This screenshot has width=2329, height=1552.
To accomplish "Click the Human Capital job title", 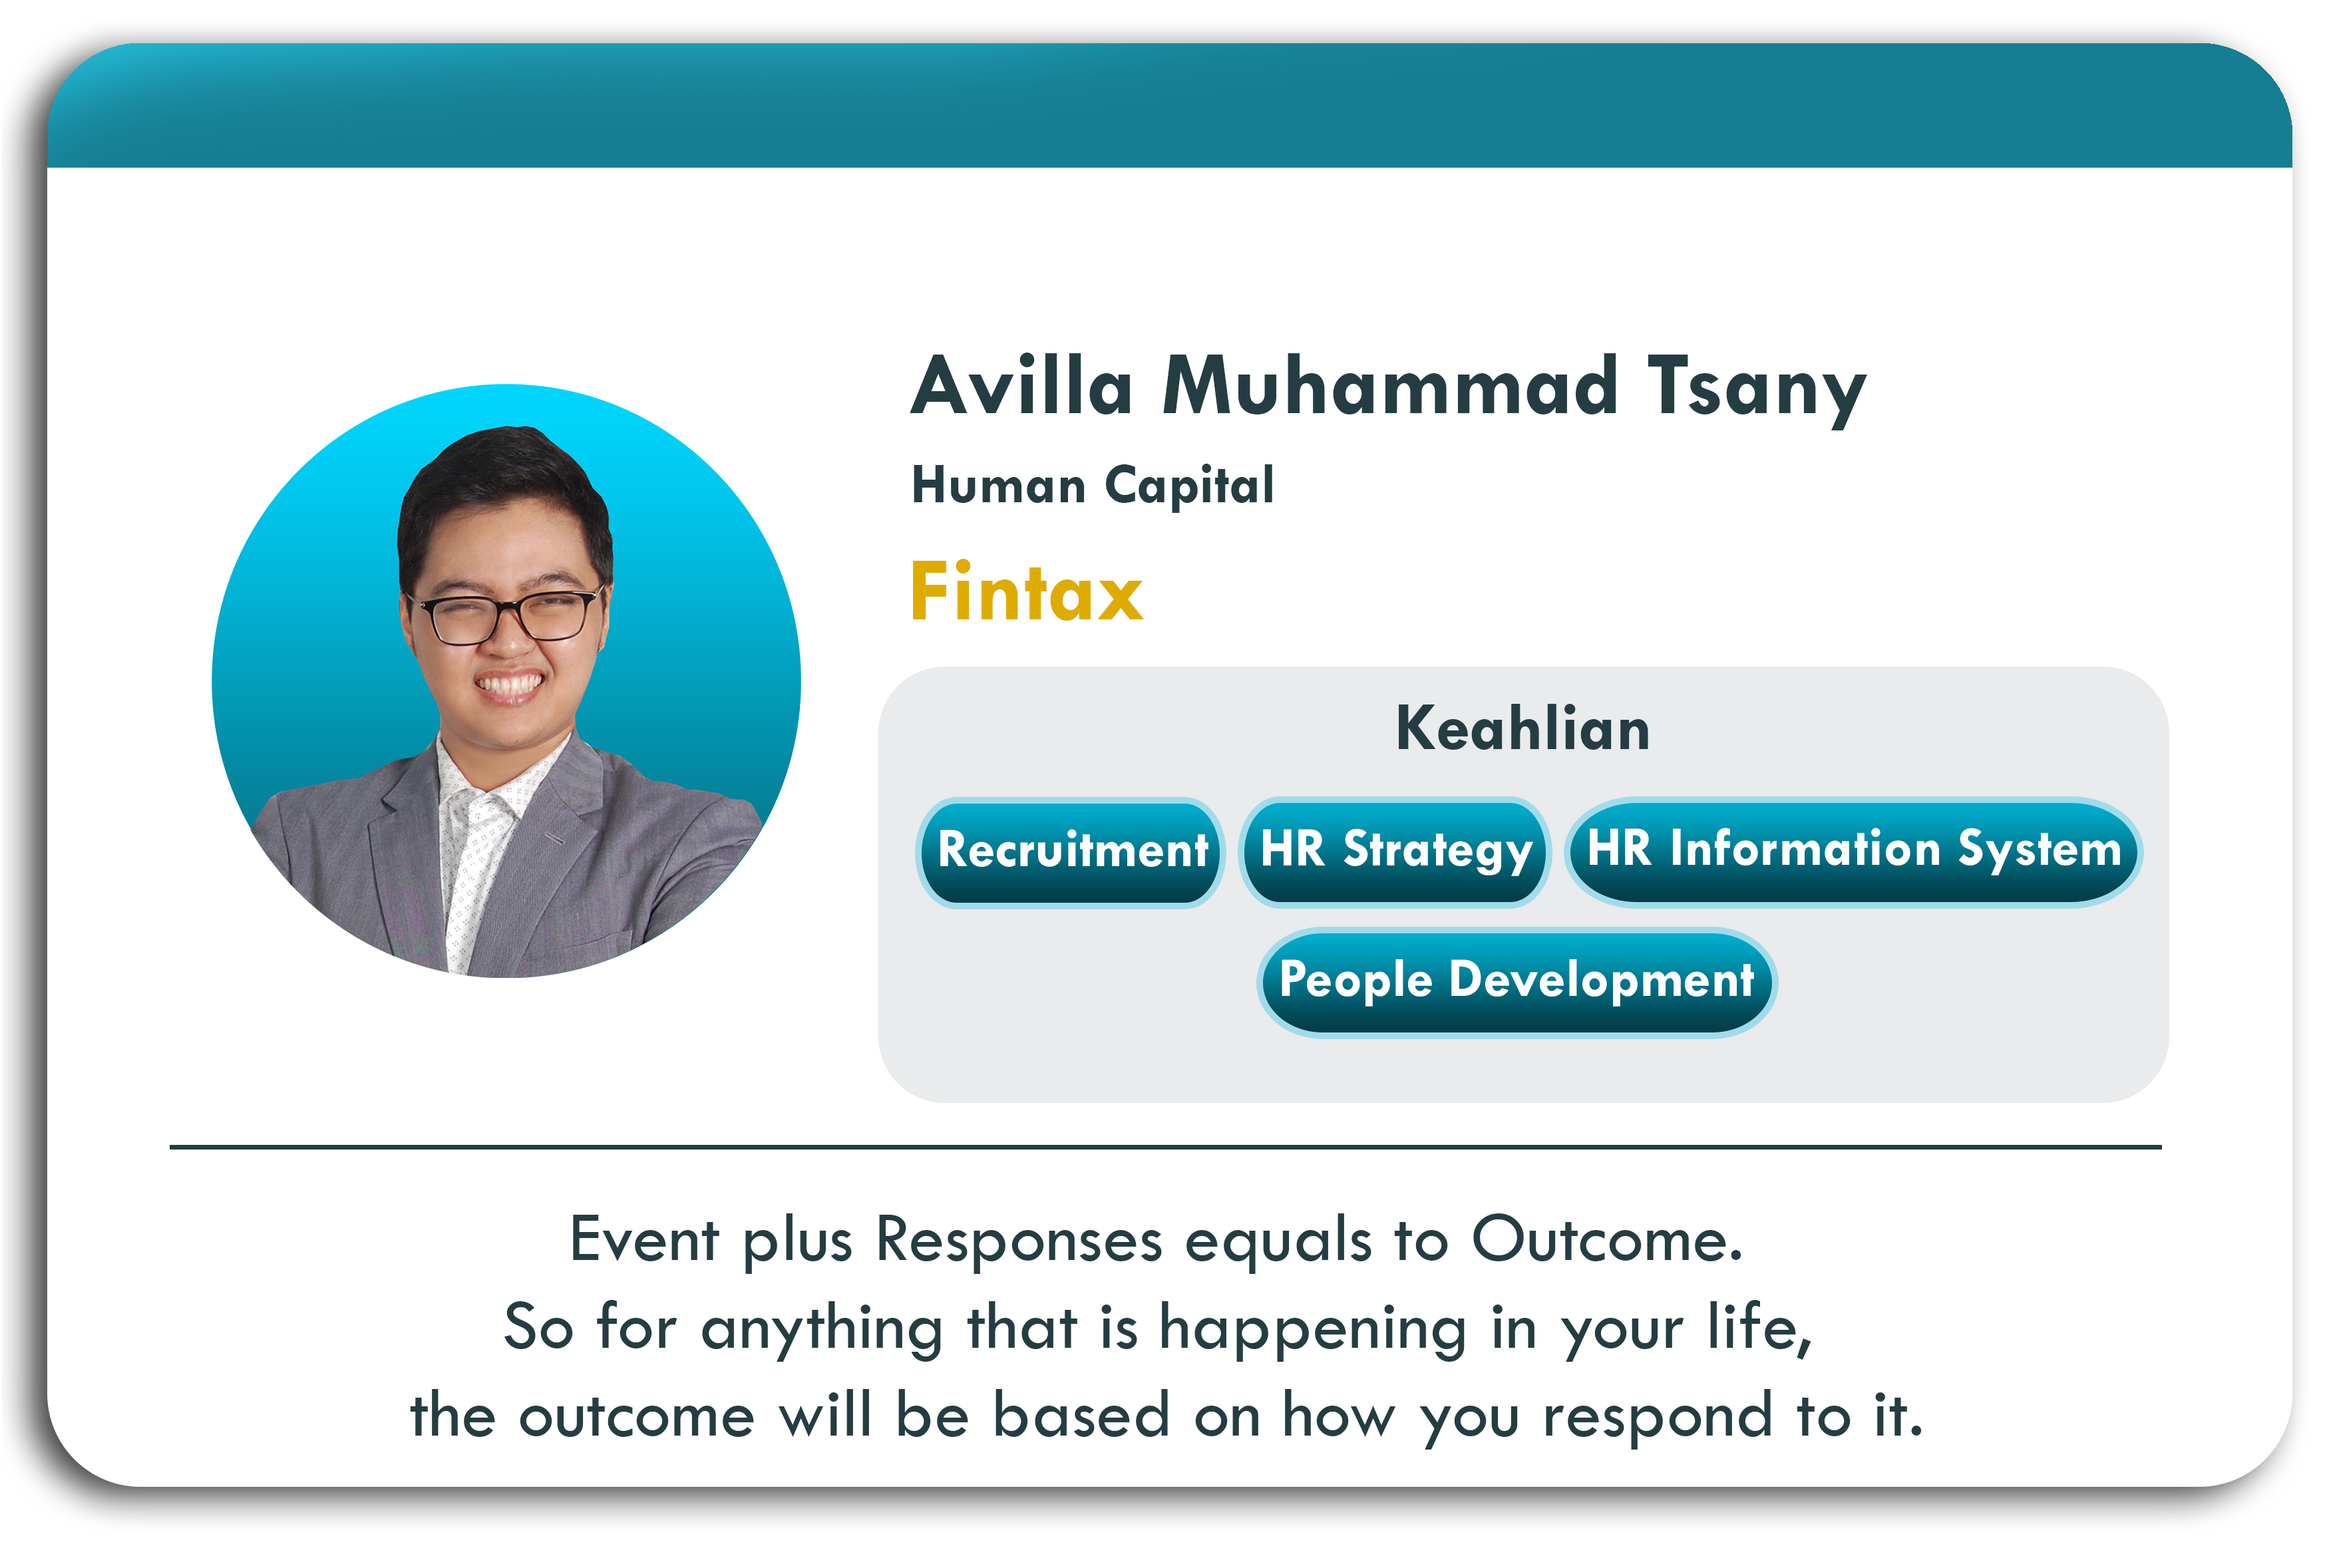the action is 1092,486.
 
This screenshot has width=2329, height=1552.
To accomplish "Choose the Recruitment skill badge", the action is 1070,852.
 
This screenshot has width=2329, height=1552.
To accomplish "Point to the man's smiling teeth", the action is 509,685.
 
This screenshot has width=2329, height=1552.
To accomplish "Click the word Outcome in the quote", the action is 1606,1239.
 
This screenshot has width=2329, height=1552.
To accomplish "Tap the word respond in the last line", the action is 1657,1416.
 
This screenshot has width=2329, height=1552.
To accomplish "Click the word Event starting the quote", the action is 644,1239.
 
